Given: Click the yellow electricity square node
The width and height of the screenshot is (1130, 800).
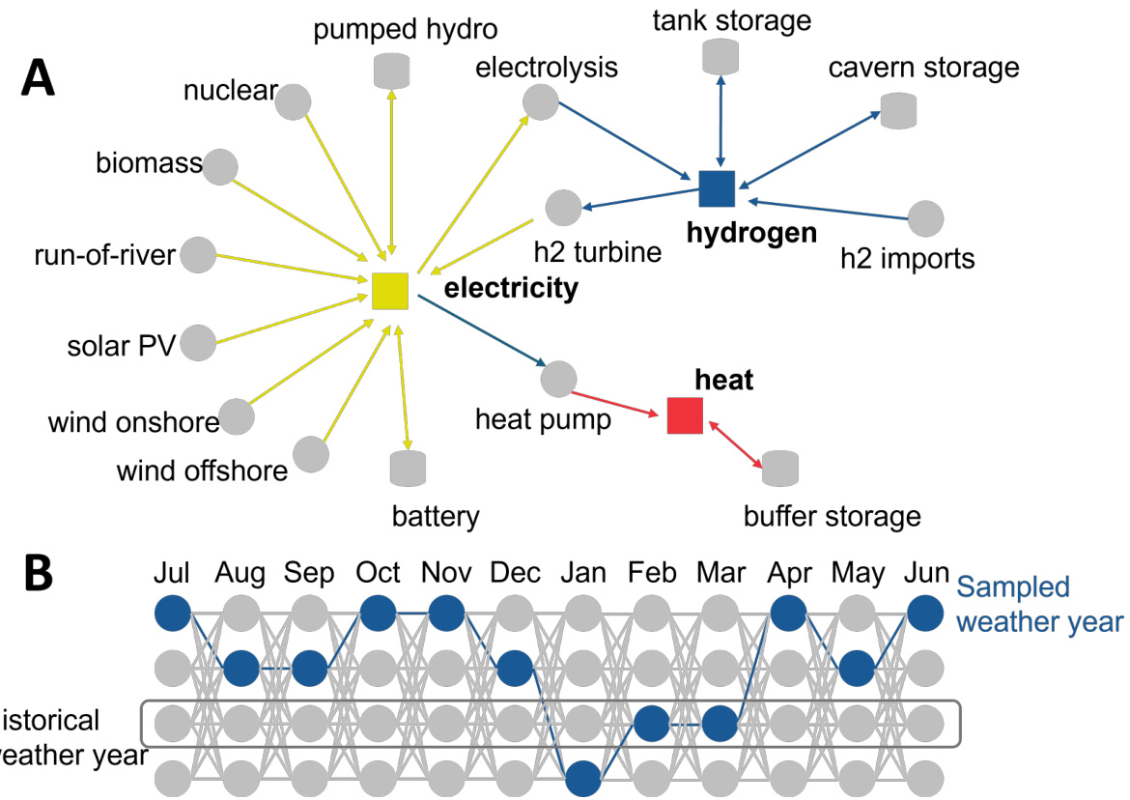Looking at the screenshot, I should coord(390,291).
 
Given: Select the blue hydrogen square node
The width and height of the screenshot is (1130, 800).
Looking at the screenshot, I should coord(717,188).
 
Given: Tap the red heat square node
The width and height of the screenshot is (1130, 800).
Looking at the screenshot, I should coord(685,414).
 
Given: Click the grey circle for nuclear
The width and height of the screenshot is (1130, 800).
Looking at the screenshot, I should coord(293,101).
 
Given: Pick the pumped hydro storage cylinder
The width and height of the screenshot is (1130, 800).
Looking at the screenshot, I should coord(391,71).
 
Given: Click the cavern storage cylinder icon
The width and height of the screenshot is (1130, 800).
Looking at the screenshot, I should coord(898,109).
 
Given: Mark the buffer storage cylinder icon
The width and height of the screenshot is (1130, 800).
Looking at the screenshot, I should coord(780,469).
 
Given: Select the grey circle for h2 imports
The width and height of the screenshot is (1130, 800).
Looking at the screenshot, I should coord(925,218).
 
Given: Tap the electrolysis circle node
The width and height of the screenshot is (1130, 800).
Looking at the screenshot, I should coord(540,102).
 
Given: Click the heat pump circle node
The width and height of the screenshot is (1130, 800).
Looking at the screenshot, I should coord(558,379).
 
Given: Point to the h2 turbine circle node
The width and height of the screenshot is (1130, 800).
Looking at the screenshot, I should coord(563,208).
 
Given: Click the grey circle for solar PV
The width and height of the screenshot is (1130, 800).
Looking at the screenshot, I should coord(198,343).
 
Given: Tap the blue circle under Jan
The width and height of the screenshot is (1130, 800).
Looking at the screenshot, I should coord(583,777).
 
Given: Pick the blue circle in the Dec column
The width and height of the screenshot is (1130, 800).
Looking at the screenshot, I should coord(515,667).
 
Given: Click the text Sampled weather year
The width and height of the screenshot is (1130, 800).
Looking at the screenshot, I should coord(1039,604).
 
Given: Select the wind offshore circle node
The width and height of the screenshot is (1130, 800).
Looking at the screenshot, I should coord(310,453).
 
